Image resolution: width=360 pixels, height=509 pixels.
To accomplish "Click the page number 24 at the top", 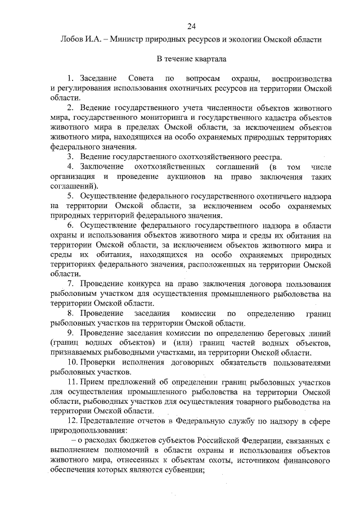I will click(x=191, y=26).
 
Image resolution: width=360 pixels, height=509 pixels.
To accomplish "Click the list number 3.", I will click(x=70, y=156).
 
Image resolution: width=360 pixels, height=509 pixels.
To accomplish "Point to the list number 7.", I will click(x=70, y=283).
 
